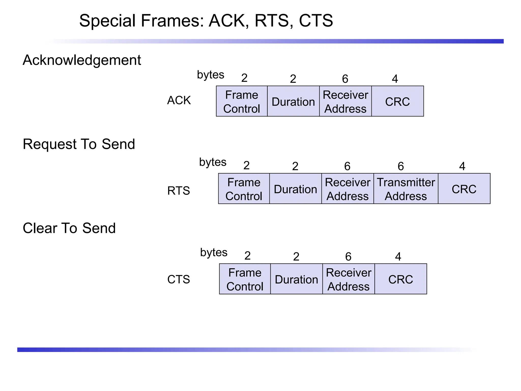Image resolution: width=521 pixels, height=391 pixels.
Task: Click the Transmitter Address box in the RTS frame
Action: tap(406, 189)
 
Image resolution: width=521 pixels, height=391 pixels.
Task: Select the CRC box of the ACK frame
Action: tap(397, 101)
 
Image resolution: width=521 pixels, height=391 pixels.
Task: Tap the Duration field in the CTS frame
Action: tap(296, 279)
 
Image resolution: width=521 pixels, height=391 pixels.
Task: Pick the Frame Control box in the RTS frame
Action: tap(244, 189)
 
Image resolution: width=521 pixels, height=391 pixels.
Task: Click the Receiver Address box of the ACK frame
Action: tap(345, 101)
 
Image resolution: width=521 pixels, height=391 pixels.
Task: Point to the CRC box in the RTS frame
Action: tap(464, 189)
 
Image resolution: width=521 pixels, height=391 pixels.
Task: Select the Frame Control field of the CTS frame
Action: tap(245, 279)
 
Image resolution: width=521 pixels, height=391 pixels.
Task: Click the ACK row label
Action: tap(179, 100)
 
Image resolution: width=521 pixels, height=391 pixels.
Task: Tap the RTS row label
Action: tap(179, 191)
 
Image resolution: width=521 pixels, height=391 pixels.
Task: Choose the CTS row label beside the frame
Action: tap(179, 280)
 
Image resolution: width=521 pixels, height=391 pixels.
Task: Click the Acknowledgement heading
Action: tap(82, 60)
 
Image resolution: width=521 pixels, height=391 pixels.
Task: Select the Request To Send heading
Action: tap(79, 144)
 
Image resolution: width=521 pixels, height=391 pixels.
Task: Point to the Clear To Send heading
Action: tap(69, 228)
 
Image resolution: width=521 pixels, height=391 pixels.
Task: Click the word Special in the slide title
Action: tap(107, 21)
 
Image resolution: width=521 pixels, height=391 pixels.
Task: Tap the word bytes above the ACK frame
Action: tap(210, 75)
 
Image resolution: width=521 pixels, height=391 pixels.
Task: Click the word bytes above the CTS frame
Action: tap(214, 253)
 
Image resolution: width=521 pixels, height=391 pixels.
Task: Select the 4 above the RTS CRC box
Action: tap(462, 166)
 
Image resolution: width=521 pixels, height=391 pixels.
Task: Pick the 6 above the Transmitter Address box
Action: tap(401, 166)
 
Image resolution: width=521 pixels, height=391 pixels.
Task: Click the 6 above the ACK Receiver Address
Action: tap(345, 79)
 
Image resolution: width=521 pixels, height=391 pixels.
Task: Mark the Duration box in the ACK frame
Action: tap(293, 101)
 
